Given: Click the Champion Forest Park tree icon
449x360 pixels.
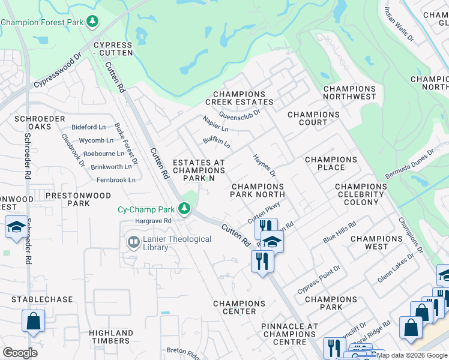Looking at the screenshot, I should (x=92, y=22).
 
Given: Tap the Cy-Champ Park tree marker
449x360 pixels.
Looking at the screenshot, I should (x=184, y=209).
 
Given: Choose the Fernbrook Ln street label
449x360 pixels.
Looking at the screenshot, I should (x=116, y=179).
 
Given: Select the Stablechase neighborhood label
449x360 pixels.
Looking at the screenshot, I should (x=45, y=299).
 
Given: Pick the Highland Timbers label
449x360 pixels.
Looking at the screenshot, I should (x=111, y=337).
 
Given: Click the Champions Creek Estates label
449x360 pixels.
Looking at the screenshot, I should (x=240, y=98).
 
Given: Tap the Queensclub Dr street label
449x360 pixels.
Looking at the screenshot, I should (x=239, y=112).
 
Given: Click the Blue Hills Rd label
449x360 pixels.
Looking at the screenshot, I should (x=340, y=231).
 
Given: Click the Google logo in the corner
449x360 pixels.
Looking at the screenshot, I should (x=20, y=352).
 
